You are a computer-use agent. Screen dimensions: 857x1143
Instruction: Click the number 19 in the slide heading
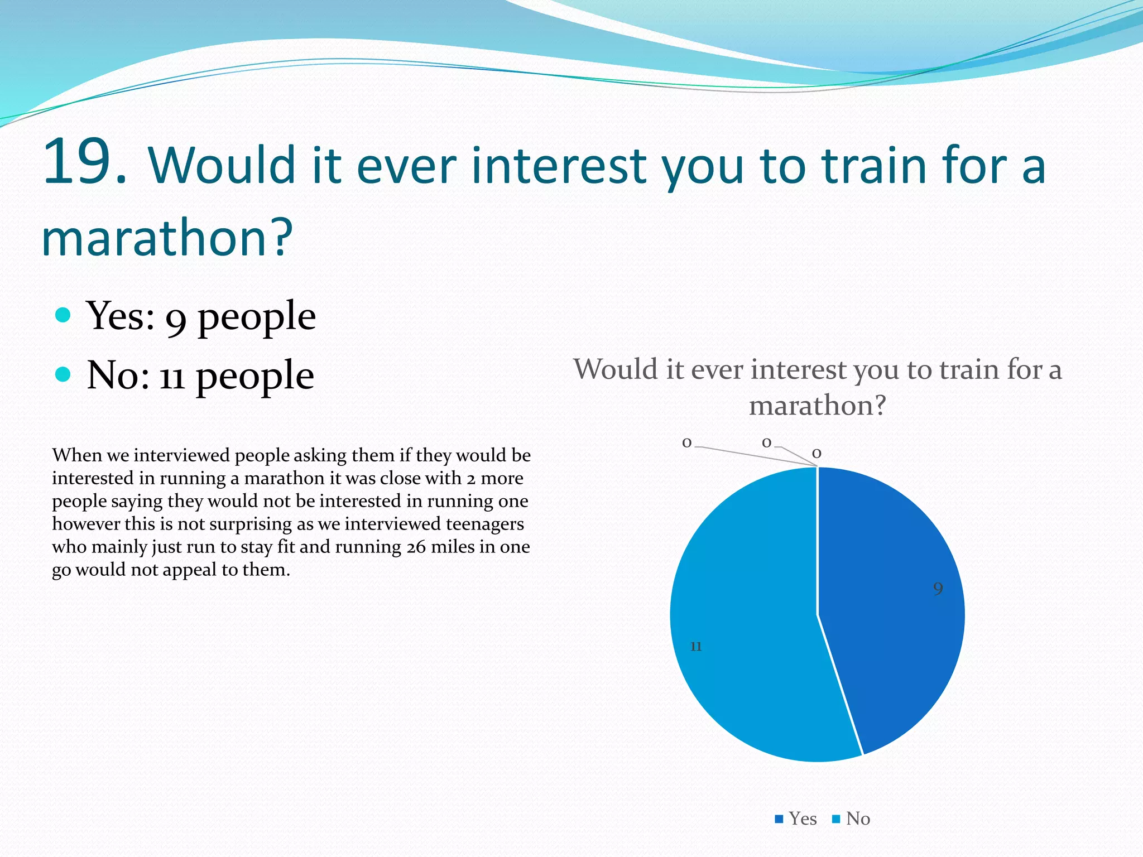pyautogui.click(x=84, y=163)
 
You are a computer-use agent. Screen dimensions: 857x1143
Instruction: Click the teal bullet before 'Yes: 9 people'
pyautogui.click(x=64, y=315)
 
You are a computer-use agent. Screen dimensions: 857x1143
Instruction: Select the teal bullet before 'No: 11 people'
pyautogui.click(x=64, y=374)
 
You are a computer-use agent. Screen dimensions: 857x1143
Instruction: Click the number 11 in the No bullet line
pyautogui.click(x=172, y=378)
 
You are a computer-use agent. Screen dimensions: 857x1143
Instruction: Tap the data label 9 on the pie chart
pyautogui.click(x=938, y=589)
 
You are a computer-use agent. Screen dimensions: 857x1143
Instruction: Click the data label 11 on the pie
pyautogui.click(x=695, y=646)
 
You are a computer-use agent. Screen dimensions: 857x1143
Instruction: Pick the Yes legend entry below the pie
pyautogui.click(x=796, y=819)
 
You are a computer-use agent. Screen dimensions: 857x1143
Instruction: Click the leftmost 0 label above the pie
pyautogui.click(x=687, y=443)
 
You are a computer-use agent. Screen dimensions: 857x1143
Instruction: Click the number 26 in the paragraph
pyautogui.click(x=416, y=547)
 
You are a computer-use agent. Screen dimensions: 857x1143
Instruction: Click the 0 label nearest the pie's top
pyautogui.click(x=817, y=454)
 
